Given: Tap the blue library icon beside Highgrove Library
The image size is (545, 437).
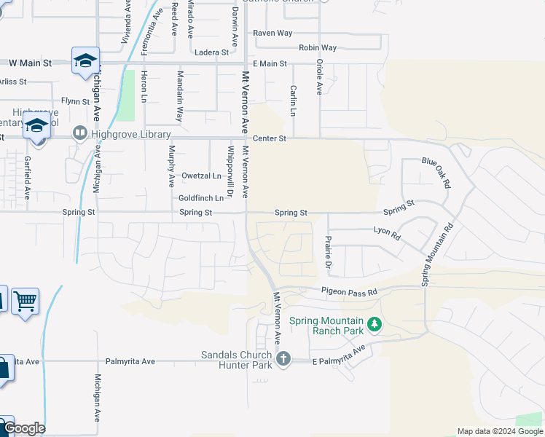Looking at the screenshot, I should tap(79, 134).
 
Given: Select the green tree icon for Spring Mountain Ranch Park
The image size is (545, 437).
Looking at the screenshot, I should tap(374, 323).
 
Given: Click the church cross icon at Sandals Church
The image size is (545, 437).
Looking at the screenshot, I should tap(283, 358).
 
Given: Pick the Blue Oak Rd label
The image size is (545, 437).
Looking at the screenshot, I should tap(436, 173).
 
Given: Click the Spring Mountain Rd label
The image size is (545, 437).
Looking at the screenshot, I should tap(437, 253).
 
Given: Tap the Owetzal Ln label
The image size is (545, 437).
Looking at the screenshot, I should tap(201, 176).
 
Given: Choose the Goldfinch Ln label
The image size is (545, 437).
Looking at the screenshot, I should tap(200, 197).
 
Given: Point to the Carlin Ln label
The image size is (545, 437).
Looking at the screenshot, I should tap(293, 101).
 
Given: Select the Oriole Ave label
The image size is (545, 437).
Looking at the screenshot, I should tap(319, 77).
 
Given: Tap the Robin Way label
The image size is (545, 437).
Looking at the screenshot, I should tap(318, 47).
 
